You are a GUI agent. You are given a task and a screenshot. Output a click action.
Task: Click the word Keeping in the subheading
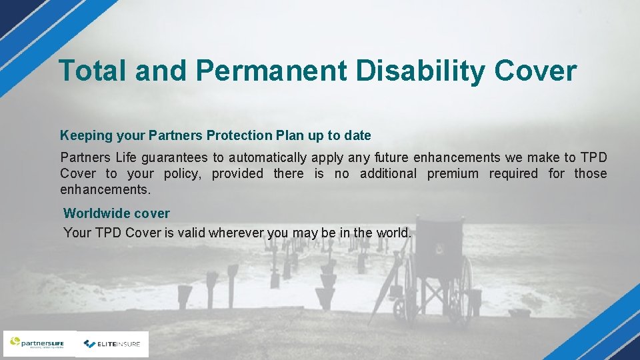click(x=86, y=136)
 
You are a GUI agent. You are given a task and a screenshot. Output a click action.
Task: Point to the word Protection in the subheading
click(x=239, y=136)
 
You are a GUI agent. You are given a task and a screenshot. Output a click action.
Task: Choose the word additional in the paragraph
click(x=388, y=174)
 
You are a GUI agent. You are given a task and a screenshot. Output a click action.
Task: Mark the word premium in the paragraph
click(x=453, y=174)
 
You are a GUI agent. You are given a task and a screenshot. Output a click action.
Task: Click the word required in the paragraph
click(x=513, y=174)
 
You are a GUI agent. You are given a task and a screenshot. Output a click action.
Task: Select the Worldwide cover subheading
click(x=117, y=214)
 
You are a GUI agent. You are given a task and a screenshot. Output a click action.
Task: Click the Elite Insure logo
click(x=113, y=344)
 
